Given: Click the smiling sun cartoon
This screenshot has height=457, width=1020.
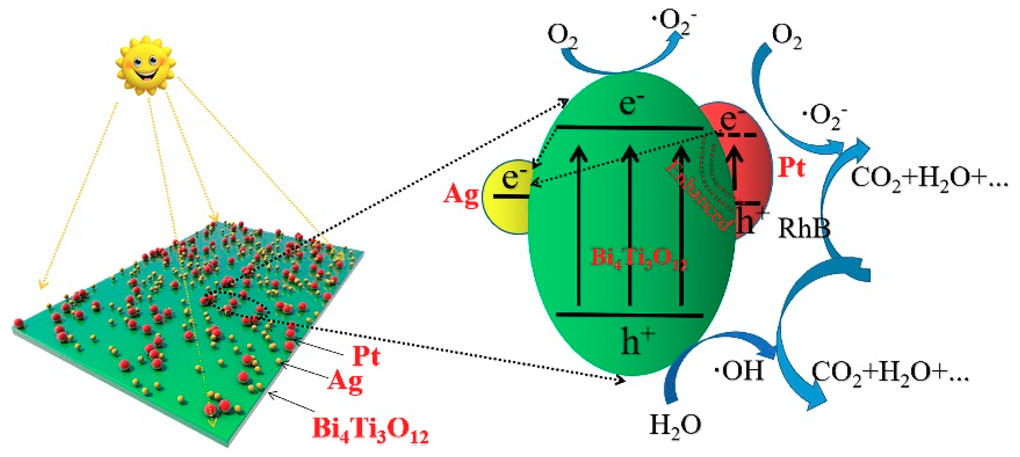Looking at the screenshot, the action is pos(146,65).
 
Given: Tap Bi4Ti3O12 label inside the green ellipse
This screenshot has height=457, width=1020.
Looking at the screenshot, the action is pos(638,258).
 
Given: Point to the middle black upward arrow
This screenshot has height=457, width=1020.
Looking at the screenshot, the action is pos(630,225).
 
